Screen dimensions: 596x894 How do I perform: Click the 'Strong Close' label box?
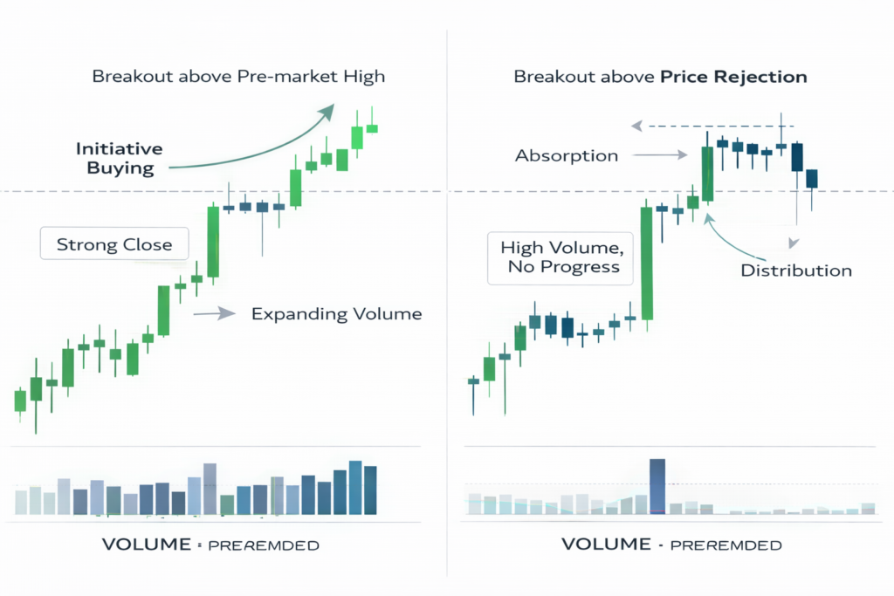coord(113,244)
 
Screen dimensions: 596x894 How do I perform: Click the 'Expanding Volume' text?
coord(336,313)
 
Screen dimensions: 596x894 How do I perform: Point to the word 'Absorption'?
coord(567,156)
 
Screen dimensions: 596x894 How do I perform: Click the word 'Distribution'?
coord(795,270)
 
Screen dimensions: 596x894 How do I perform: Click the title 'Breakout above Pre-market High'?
coord(238,77)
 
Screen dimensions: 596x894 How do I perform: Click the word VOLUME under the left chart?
coord(146,545)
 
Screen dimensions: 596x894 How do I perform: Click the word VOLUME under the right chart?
coord(605,545)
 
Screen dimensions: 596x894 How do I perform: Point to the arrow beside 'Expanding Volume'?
coord(215,312)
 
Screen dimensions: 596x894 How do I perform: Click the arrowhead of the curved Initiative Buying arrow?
coord(327,112)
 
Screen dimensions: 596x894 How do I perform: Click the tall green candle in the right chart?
coord(647,264)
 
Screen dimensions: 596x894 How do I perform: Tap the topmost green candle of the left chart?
coord(372,127)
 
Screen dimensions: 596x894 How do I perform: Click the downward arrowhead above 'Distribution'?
coord(794,243)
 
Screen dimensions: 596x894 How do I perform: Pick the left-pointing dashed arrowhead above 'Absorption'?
coord(637,126)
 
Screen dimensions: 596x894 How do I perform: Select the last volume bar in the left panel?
coord(370,490)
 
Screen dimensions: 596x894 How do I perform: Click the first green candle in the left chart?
coord(20,401)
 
